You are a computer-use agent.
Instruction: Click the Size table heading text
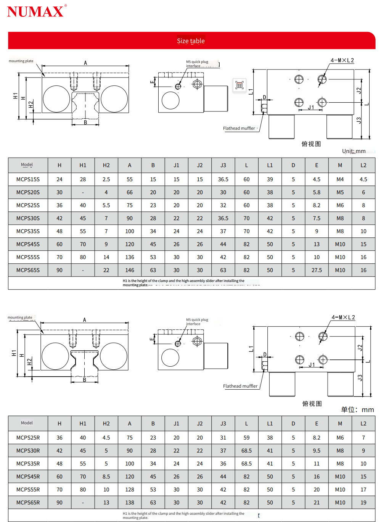(x=191, y=41)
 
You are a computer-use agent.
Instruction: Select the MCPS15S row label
(x=28, y=179)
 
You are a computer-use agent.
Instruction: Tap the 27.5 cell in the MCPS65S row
(x=317, y=270)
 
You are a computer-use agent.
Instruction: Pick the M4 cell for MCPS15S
(x=340, y=179)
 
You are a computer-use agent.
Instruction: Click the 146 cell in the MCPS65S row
(x=130, y=270)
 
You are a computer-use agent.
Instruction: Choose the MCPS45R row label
(x=28, y=477)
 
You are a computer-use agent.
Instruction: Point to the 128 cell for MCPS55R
(x=130, y=490)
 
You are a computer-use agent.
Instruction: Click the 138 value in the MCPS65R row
(x=130, y=503)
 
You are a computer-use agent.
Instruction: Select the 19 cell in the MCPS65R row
(x=363, y=503)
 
